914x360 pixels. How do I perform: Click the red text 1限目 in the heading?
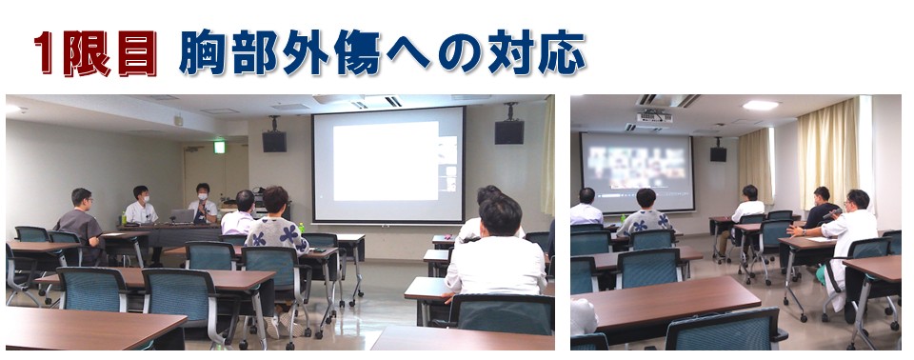pyautogui.click(x=96, y=53)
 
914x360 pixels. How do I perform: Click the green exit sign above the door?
pyautogui.click(x=219, y=147)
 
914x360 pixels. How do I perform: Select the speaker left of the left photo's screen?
pyautogui.click(x=274, y=141)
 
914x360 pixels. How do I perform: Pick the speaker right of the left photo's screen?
pyautogui.click(x=508, y=131)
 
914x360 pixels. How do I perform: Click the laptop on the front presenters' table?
pyautogui.click(x=183, y=216)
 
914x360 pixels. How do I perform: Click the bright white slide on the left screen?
pyautogui.click(x=386, y=161)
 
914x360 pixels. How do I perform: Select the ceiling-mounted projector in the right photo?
pyautogui.click(x=654, y=117)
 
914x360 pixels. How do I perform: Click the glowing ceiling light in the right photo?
pyautogui.click(x=761, y=105)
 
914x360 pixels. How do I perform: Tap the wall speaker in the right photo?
pyautogui.click(x=718, y=153)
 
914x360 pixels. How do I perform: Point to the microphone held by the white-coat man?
pyautogui.click(x=832, y=214)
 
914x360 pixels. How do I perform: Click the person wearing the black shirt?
pyautogui.click(x=822, y=209)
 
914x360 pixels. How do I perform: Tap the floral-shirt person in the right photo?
pyautogui.click(x=645, y=214)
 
